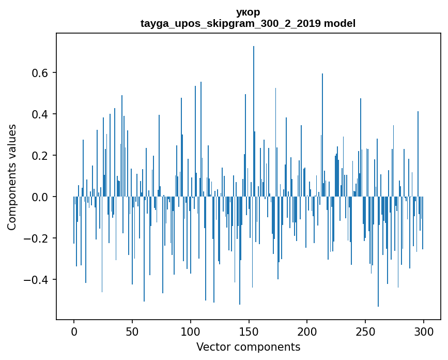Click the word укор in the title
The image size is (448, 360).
[248, 12]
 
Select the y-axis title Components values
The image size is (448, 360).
[12, 177]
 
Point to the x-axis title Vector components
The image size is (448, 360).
[248, 347]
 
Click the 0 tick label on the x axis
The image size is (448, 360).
[74, 332]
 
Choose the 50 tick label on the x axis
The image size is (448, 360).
[132, 332]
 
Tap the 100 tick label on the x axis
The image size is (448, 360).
[191, 332]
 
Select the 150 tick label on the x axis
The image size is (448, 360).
[249, 332]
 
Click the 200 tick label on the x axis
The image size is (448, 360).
[307, 332]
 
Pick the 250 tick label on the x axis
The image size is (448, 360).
[365, 332]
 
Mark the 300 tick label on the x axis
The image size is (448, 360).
[424, 332]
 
